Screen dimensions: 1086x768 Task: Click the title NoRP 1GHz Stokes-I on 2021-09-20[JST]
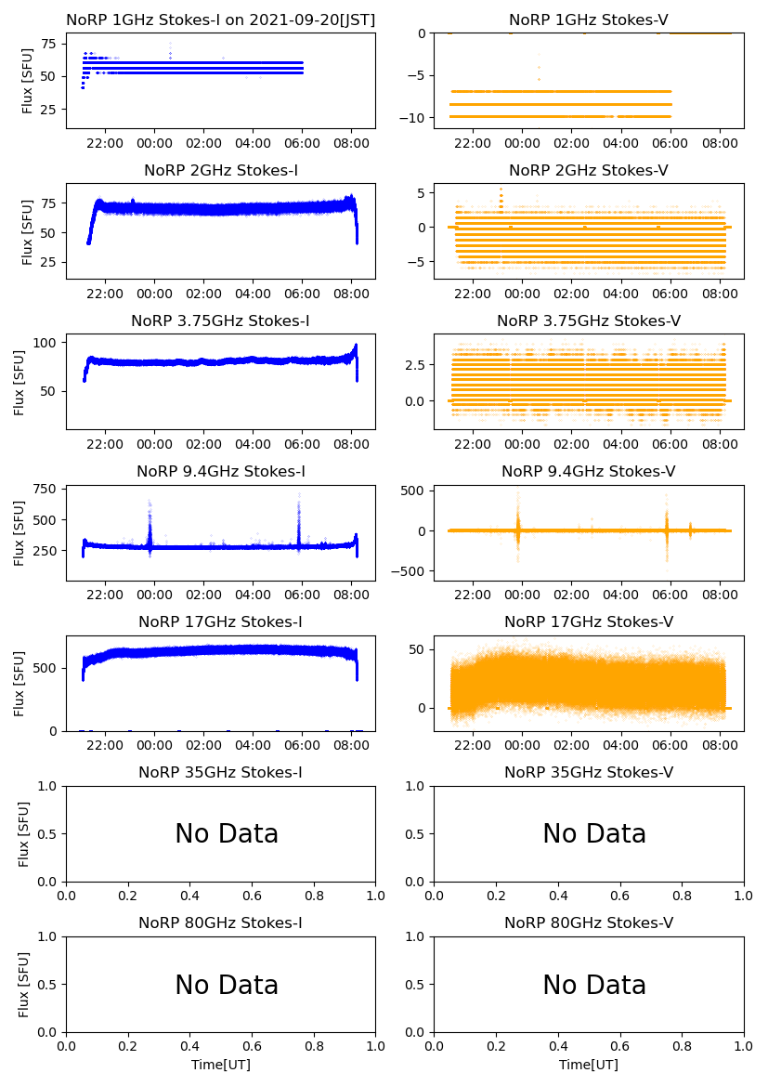(x=220, y=20)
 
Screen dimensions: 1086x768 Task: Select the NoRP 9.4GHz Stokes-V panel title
(x=588, y=472)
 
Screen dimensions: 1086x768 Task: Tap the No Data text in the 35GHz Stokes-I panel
(x=227, y=834)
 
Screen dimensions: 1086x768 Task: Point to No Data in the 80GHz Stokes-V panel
(x=594, y=985)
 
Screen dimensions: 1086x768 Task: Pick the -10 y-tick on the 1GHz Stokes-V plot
(x=415, y=118)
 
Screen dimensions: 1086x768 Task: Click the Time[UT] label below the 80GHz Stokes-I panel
(x=221, y=1065)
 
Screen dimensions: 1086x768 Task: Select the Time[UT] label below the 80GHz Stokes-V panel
(x=589, y=1065)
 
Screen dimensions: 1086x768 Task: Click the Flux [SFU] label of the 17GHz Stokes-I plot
(x=20, y=684)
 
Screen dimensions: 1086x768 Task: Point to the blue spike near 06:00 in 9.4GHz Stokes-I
(x=299, y=520)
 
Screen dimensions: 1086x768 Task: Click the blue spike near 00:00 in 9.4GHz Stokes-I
(x=150, y=525)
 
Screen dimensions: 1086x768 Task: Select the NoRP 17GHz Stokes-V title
(x=588, y=622)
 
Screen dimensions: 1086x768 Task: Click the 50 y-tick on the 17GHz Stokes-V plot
(x=419, y=648)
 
